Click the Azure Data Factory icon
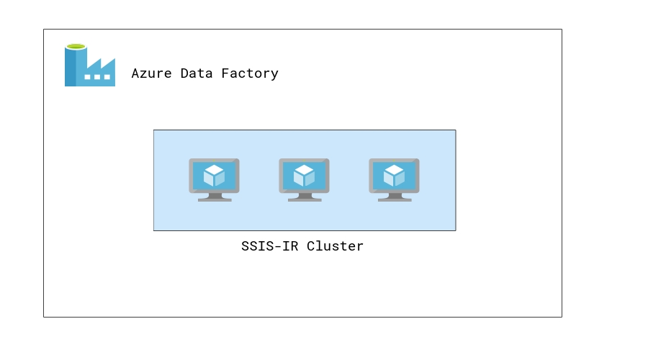[90, 66]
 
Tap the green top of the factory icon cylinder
[76, 46]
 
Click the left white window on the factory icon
[88, 76]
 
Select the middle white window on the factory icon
[97, 76]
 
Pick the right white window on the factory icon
[107, 76]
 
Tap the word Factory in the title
[253, 73]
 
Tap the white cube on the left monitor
[214, 175]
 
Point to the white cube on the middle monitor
[304, 175]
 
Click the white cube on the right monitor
[394, 175]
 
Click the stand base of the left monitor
[215, 199]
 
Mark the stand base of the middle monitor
[305, 199]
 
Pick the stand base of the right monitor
[395, 199]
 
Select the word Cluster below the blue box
[336, 246]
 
